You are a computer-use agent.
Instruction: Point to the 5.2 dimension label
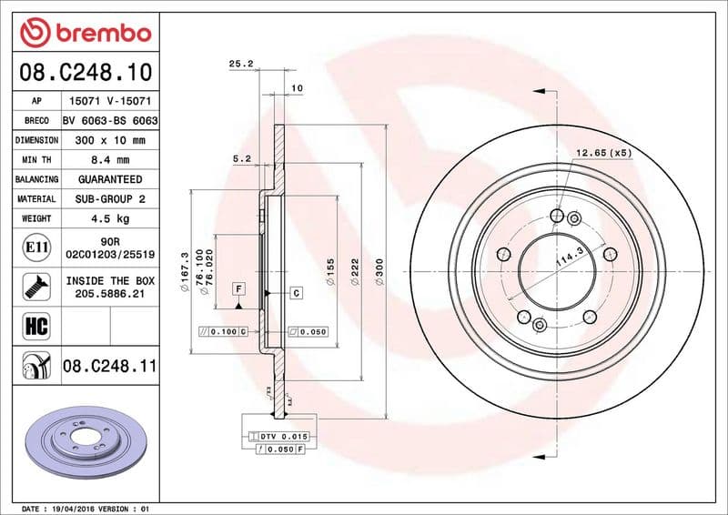click(x=242, y=158)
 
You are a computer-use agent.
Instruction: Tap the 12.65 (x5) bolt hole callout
click(x=603, y=152)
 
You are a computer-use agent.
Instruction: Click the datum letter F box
click(x=238, y=288)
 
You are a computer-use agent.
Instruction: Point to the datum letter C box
click(x=296, y=292)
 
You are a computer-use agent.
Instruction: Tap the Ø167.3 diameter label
click(x=185, y=270)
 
